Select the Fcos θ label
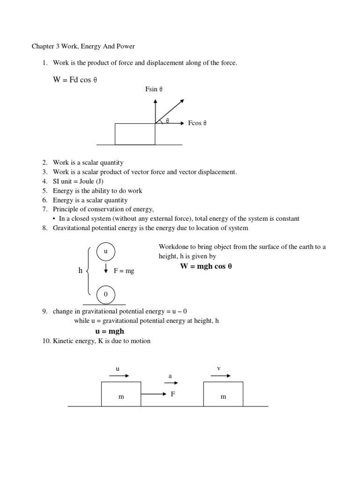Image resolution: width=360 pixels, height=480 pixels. (x=197, y=123)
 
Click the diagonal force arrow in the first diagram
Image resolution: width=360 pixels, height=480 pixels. (x=170, y=111)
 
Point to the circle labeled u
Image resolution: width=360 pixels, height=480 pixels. (x=106, y=252)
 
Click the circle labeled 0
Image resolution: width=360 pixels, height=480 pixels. (x=106, y=294)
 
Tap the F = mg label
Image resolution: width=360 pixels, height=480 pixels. (x=124, y=271)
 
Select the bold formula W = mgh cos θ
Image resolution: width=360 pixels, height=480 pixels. (x=206, y=266)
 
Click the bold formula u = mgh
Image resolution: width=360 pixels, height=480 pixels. (x=110, y=331)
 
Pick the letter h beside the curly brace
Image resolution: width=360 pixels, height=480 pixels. (x=80, y=270)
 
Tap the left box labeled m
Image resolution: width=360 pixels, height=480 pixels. (x=121, y=394)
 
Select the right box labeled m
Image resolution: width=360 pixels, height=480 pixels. (x=223, y=394)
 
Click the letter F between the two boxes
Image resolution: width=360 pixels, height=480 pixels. (x=172, y=394)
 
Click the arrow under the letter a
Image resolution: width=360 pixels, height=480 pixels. (x=170, y=382)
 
